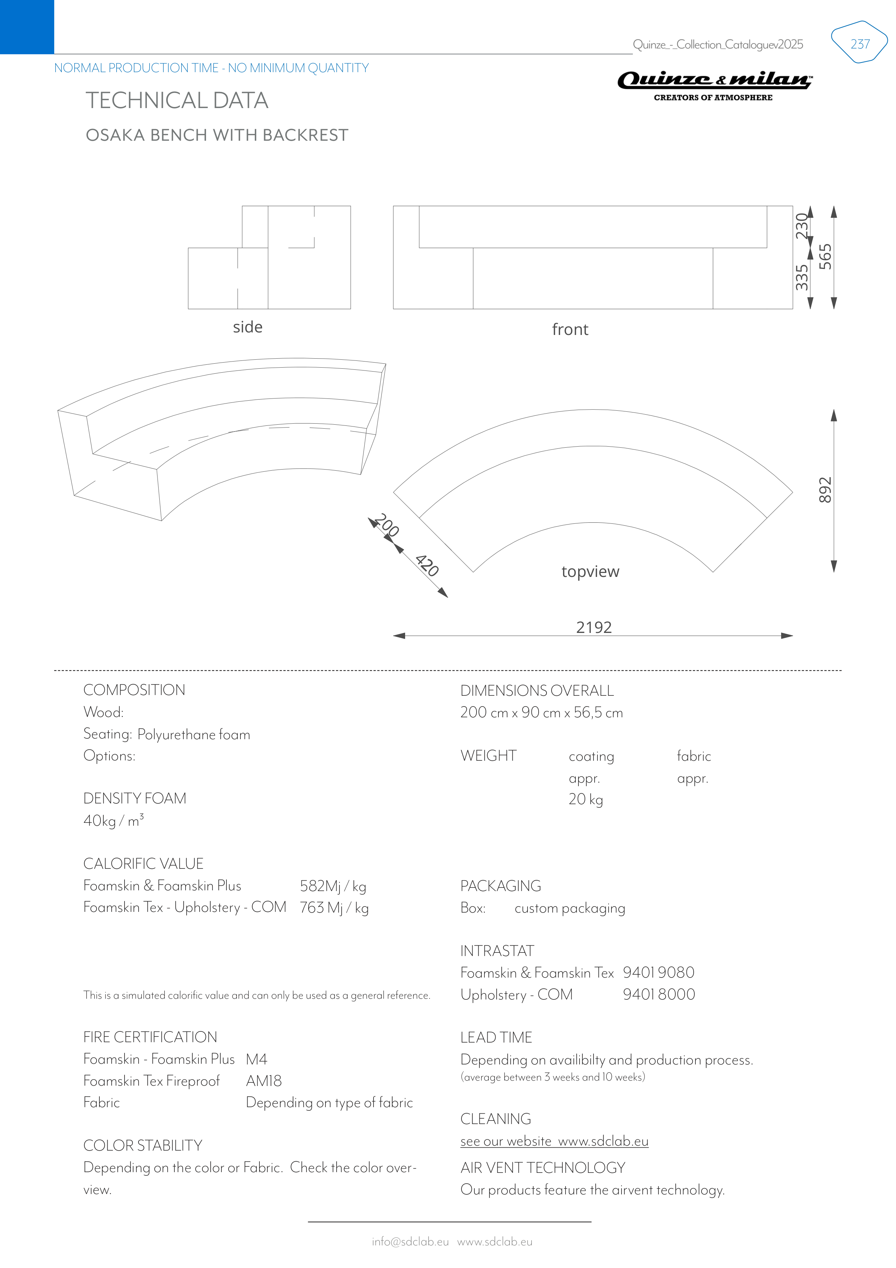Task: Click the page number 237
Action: point(859,44)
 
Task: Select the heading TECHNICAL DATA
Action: point(177,101)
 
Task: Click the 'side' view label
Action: point(247,327)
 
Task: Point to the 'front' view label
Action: point(570,330)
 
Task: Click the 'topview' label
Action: point(590,571)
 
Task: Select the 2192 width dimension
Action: point(594,628)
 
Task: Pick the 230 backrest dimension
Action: point(802,227)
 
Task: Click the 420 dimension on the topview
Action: point(427,565)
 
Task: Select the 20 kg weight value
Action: point(586,799)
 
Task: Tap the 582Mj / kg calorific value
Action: point(333,886)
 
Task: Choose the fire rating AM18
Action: point(264,1081)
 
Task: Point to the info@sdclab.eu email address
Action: point(410,1241)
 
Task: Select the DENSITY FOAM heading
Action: point(135,798)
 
